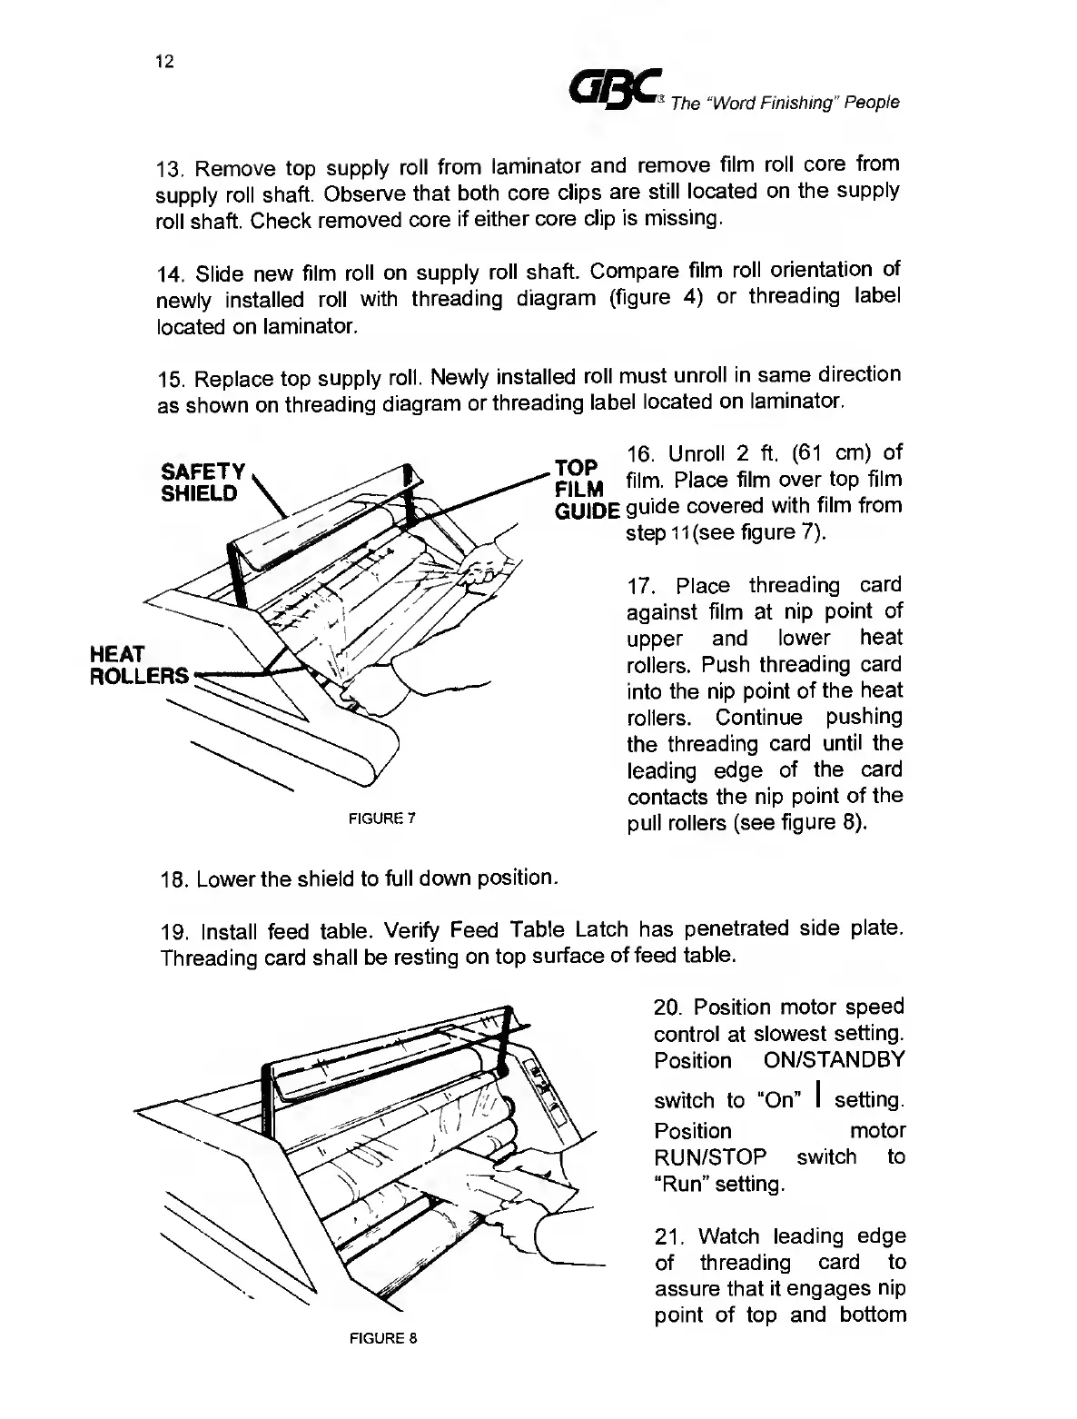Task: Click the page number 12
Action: (164, 62)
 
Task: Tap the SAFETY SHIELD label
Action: (203, 482)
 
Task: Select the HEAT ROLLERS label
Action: (138, 665)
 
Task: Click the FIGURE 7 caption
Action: (381, 818)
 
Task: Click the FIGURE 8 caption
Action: (381, 1338)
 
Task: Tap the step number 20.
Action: (667, 1008)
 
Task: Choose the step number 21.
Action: (667, 1237)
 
